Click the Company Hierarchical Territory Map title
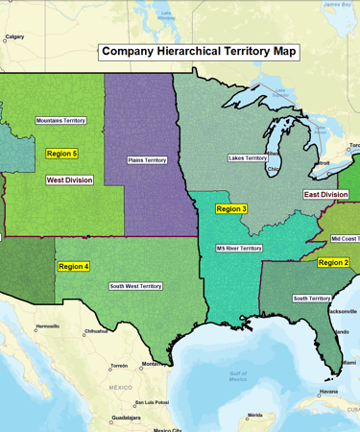200,52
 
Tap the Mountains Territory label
60,121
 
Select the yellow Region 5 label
61,154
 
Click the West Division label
69,180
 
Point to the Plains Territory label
147,160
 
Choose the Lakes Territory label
248,157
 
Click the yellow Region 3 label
231,208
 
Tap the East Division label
325,195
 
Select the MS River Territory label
239,248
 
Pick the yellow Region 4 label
74,266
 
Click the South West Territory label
134,286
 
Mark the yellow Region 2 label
333,262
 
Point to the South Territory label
312,299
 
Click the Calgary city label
14,37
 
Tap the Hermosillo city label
47,326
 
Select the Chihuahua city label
96,331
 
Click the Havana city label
329,391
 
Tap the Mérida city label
254,415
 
